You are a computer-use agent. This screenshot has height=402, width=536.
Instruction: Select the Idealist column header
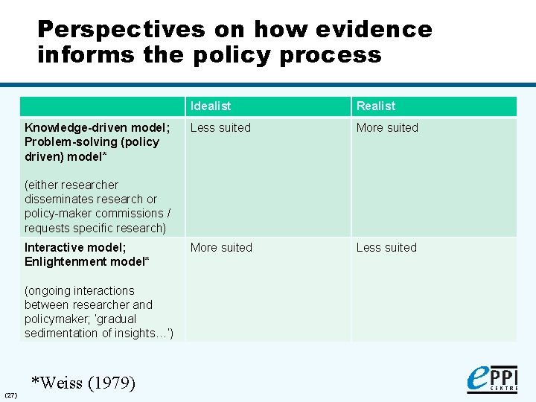[211, 106]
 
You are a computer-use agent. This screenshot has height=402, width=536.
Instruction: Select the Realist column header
[376, 106]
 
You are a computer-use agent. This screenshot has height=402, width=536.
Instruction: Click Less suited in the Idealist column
[220, 128]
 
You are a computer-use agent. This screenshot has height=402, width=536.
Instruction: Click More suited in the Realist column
[387, 128]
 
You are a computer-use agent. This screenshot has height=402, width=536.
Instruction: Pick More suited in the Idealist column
[221, 248]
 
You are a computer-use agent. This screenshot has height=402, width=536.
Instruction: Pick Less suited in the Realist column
[386, 248]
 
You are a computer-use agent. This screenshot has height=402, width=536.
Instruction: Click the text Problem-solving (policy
[92, 142]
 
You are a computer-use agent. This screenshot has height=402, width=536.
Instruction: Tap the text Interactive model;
[74, 248]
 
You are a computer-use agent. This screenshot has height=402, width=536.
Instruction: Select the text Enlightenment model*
[86, 262]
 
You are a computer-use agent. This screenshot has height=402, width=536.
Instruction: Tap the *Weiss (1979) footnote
[83, 383]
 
